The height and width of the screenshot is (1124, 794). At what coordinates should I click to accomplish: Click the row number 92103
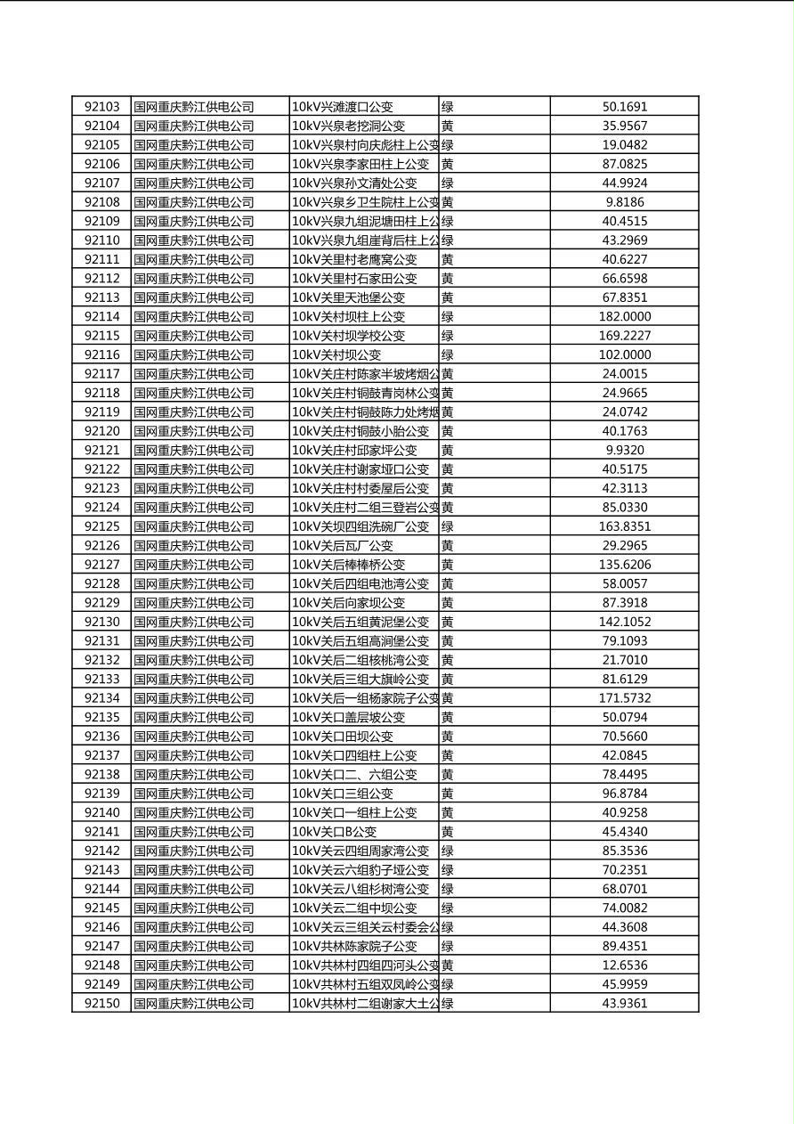tap(101, 107)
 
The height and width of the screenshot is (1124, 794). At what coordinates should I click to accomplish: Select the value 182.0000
tap(624, 316)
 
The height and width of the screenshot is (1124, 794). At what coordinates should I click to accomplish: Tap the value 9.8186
tap(624, 202)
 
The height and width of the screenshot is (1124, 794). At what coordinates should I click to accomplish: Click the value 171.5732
tap(624, 698)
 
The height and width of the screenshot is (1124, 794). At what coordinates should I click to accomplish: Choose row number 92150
tap(101, 1003)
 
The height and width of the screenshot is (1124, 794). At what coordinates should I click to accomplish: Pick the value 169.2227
tap(624, 336)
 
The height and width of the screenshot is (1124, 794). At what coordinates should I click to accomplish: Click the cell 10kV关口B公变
tap(335, 832)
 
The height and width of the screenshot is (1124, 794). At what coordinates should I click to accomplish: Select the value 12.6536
tap(624, 965)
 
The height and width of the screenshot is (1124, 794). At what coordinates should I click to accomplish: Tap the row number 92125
tap(101, 526)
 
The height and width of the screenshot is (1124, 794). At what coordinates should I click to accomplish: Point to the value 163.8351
tap(624, 526)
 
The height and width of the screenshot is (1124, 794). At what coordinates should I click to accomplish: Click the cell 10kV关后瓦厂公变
tap(342, 545)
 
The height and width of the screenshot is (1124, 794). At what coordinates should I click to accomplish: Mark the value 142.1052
tap(624, 622)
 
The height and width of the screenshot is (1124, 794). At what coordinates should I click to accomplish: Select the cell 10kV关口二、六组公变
tap(354, 774)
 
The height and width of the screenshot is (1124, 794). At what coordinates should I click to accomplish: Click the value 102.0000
tap(624, 354)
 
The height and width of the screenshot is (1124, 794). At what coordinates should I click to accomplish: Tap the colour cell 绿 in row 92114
tap(448, 316)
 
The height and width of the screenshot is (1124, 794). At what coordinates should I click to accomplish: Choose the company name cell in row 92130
tap(194, 622)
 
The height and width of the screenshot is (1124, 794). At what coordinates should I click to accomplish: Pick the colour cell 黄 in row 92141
tap(448, 832)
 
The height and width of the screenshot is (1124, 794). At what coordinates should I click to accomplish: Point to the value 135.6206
tap(624, 565)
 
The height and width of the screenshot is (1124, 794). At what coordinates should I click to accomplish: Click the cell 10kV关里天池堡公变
tap(348, 297)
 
